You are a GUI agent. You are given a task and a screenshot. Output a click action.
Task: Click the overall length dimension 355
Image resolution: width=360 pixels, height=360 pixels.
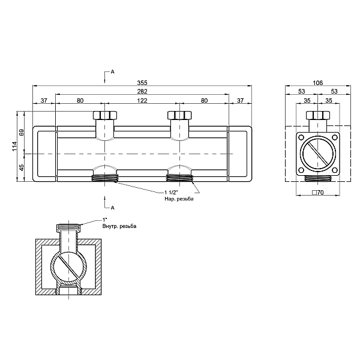(x=142, y=82)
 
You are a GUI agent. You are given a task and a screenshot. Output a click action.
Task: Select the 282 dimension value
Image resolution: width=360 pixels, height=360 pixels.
(x=142, y=91)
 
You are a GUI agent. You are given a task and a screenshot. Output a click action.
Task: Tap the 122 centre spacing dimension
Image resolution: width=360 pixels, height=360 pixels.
(x=142, y=101)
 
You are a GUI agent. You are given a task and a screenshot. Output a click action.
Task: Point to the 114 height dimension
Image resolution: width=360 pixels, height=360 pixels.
(x=14, y=146)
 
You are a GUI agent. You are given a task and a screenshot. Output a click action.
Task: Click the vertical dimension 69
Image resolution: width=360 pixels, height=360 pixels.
(x=22, y=133)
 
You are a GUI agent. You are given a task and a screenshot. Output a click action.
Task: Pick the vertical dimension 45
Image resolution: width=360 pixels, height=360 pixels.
(x=22, y=167)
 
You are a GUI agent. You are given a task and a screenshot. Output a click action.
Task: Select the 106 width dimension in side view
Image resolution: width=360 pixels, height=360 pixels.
(x=318, y=83)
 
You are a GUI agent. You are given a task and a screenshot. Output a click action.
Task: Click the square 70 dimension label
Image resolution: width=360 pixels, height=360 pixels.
(x=318, y=193)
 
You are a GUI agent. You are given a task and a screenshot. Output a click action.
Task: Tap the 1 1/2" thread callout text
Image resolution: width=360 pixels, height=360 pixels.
(x=171, y=193)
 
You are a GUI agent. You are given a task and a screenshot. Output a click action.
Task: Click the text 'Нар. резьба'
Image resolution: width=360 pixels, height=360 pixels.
(x=179, y=199)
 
